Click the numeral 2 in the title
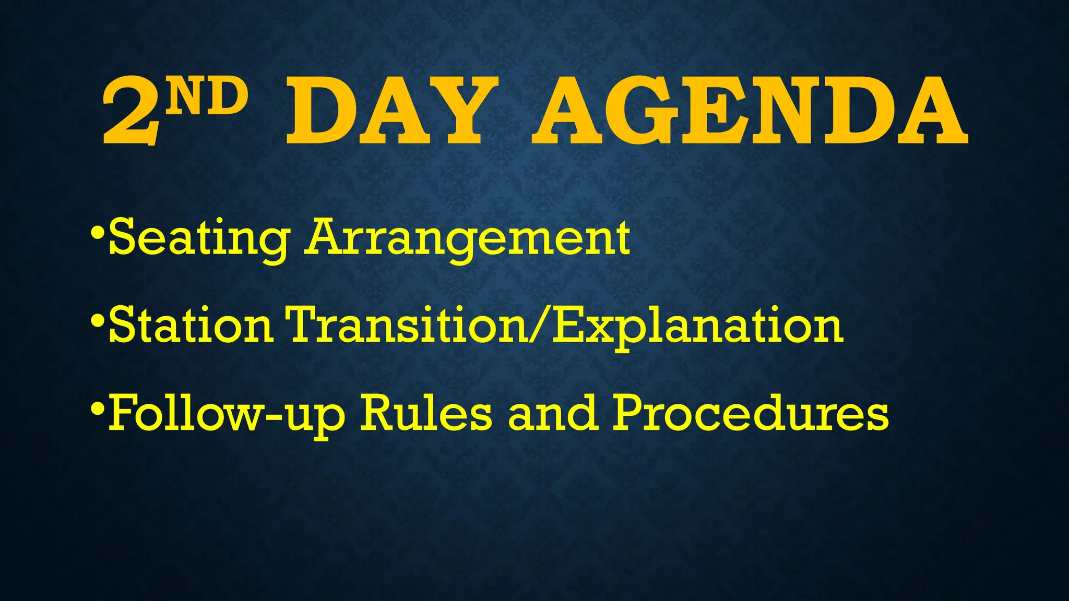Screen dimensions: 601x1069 click(130, 111)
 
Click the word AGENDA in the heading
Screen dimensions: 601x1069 click(750, 111)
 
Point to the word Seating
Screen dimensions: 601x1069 click(199, 239)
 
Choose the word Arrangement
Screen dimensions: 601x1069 click(468, 239)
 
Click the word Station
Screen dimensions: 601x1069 click(191, 326)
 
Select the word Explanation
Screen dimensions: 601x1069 click(698, 326)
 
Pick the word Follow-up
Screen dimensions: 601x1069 click(227, 414)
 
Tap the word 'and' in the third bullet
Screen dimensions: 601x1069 click(552, 414)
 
